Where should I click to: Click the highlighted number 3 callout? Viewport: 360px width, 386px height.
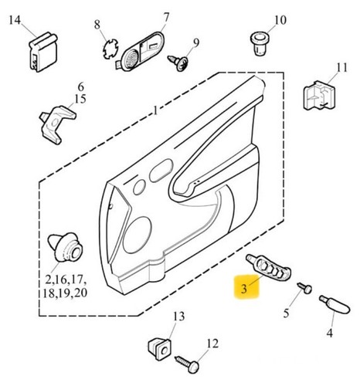coord(244,288)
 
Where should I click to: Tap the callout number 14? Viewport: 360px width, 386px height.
coord(15,20)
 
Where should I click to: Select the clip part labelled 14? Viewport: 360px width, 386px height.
coord(42,52)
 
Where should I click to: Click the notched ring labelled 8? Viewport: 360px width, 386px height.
coord(110,48)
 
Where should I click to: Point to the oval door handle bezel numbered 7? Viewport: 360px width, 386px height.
coord(139,52)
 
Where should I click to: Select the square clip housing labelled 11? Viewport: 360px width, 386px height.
coord(319,96)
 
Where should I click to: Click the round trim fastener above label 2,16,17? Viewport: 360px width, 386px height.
coord(66,248)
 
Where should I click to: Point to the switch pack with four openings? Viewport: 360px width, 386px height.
coord(269,268)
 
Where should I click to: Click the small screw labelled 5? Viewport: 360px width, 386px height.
coord(305,288)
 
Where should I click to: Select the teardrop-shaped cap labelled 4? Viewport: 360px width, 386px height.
coord(335,305)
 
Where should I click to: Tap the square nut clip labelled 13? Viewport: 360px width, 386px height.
coord(160,349)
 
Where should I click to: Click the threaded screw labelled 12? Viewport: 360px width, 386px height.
coord(188,364)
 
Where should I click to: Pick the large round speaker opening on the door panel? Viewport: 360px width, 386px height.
coord(137,235)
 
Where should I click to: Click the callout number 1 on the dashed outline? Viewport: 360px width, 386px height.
coord(155,110)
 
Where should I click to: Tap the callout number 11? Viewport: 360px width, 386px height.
coord(341,68)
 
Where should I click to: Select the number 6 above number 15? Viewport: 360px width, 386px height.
coord(80,87)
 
